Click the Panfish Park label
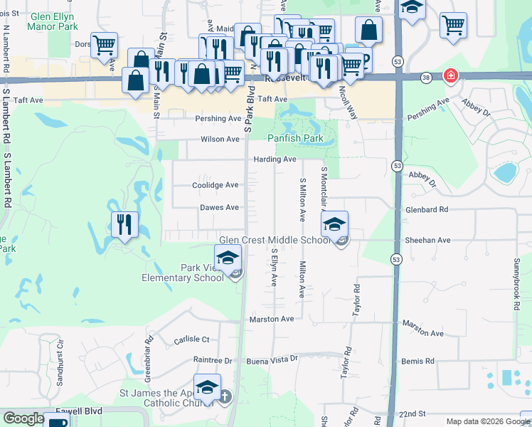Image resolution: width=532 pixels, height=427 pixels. (x=295, y=138)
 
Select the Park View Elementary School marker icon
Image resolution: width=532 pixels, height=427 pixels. (x=228, y=258)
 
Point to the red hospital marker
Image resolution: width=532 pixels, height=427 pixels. (x=450, y=75)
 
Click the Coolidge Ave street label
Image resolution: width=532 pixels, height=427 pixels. (x=216, y=185)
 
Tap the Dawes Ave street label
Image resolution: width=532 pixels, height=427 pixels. (x=219, y=208)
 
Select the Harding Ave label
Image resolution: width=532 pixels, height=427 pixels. (x=275, y=159)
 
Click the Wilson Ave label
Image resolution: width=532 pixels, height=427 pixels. (x=220, y=139)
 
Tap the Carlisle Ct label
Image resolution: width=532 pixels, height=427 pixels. (x=191, y=340)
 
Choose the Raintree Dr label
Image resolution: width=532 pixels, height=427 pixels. (x=213, y=361)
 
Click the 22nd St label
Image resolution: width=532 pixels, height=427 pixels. (x=411, y=413)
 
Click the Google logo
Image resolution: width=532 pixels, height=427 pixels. (x=24, y=418)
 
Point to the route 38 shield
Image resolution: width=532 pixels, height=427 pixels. (x=425, y=76)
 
